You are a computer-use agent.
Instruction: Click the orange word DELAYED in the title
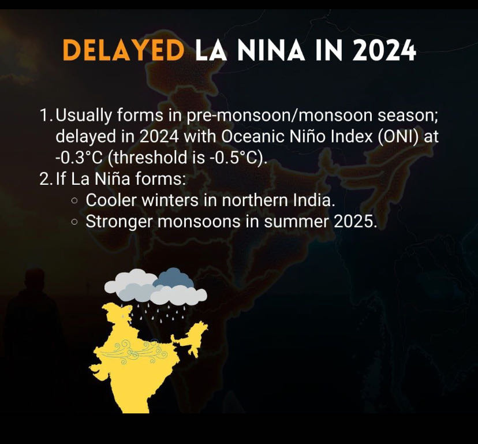point(124,50)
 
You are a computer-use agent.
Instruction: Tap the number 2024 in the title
point(384,50)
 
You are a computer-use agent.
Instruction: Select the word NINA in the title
point(271,50)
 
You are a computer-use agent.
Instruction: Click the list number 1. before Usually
point(46,115)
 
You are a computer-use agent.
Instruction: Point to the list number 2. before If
point(46,179)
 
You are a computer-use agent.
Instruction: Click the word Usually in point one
point(84,116)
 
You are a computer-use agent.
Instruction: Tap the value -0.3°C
point(79,158)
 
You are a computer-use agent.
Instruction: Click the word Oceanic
point(253,137)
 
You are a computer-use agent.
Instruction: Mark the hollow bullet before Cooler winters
point(74,201)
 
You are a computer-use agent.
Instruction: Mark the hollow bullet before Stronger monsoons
point(74,222)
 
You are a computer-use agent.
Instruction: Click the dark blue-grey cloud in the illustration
point(173,278)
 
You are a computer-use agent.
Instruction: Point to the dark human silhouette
point(32,329)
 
